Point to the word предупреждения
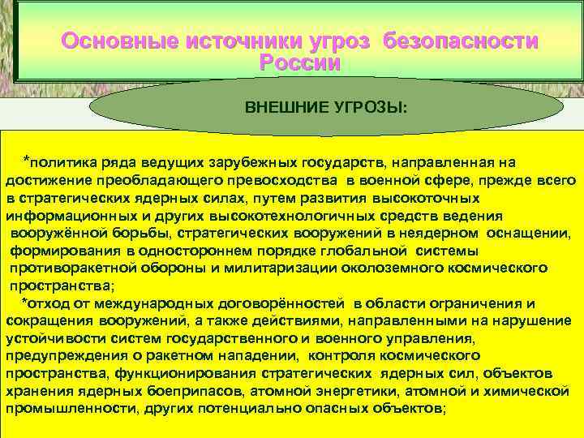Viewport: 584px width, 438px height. tap(59, 355)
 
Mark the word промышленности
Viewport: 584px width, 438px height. tap(67, 408)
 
